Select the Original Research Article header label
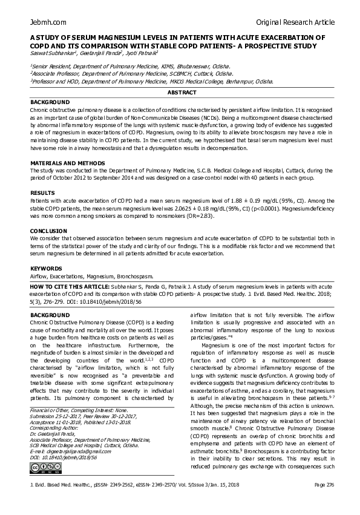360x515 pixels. click(295, 22)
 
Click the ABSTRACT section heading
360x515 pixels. click(182, 93)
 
